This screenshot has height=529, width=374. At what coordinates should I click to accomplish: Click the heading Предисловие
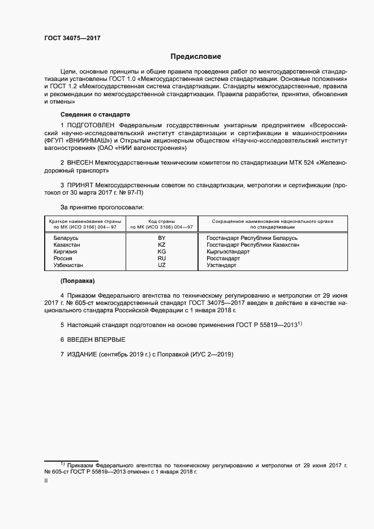(196, 57)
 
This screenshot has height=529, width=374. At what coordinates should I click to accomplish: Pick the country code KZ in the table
(161, 245)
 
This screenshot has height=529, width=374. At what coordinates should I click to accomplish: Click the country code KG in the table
(161, 251)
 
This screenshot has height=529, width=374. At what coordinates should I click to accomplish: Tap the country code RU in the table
(161, 258)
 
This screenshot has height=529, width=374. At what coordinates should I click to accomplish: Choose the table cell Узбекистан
(68, 265)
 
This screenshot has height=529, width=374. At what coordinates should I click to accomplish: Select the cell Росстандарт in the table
(224, 258)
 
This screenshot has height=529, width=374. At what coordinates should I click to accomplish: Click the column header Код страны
(161, 221)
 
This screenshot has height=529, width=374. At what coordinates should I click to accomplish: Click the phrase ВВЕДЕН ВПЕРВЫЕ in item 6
(96, 339)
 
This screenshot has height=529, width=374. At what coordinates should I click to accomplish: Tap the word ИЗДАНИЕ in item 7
(82, 355)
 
